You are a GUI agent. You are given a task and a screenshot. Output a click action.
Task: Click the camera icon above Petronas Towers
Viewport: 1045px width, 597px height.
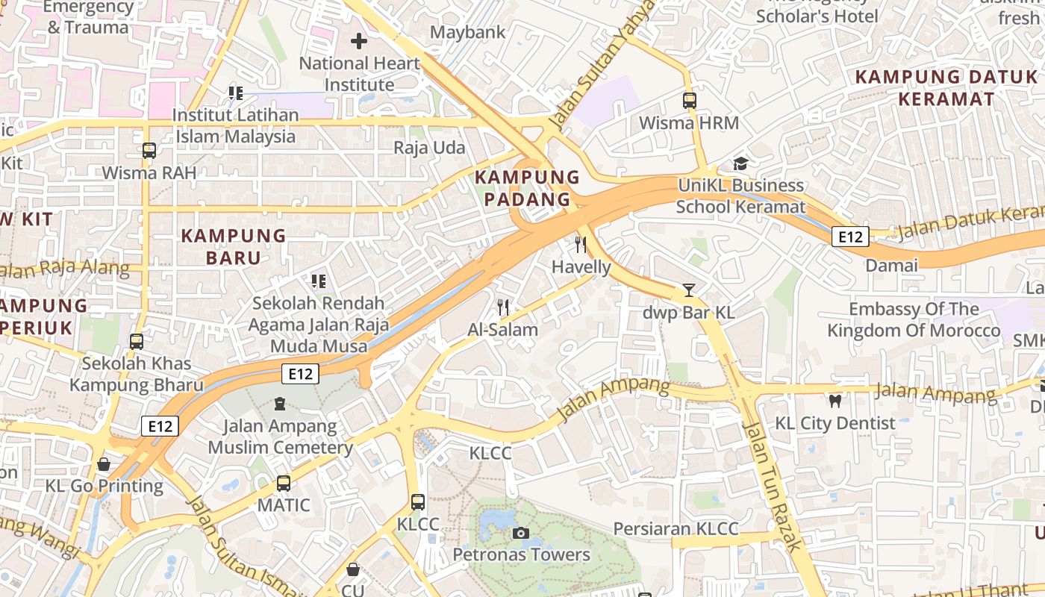tap(521, 533)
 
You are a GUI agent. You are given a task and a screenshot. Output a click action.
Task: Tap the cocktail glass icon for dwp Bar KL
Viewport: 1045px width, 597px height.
tap(688, 290)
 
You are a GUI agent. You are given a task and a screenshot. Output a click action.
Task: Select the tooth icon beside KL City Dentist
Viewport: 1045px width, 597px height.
tap(835, 401)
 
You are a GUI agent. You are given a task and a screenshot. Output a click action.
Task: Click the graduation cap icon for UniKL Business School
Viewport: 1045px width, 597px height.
tap(740, 163)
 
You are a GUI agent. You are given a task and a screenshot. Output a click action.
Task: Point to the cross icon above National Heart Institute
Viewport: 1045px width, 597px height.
tap(359, 41)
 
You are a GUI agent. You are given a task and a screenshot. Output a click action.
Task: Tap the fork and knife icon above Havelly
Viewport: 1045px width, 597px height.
tap(581, 245)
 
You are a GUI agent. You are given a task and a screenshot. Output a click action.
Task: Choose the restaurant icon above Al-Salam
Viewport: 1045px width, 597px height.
tap(503, 307)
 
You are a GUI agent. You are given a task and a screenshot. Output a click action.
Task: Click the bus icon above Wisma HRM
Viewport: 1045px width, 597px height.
tap(689, 100)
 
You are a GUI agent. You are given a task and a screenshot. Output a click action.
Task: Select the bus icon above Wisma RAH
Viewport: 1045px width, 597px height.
tap(149, 151)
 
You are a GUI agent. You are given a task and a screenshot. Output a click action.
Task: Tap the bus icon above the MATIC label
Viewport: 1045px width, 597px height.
tap(284, 484)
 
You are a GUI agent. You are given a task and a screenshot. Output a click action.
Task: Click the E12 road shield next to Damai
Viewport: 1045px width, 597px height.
tap(850, 237)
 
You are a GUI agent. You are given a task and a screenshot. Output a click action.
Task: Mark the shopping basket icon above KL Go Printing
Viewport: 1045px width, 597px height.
tap(104, 464)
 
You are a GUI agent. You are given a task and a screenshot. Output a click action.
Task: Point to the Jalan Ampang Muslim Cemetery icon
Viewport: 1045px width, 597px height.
tap(280, 404)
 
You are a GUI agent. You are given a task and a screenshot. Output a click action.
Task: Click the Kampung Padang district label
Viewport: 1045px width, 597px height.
tap(527, 188)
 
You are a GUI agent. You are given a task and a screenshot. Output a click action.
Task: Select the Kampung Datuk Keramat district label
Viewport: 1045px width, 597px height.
tap(946, 87)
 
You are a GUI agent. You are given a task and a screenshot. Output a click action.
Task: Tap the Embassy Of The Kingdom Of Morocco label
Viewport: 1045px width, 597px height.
tap(914, 319)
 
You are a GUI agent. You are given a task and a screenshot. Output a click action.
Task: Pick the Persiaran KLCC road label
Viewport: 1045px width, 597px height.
tap(676, 529)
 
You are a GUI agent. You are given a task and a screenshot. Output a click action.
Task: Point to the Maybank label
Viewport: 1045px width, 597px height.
tap(468, 32)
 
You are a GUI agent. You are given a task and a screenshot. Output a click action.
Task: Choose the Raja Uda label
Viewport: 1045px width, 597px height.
tap(429, 148)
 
